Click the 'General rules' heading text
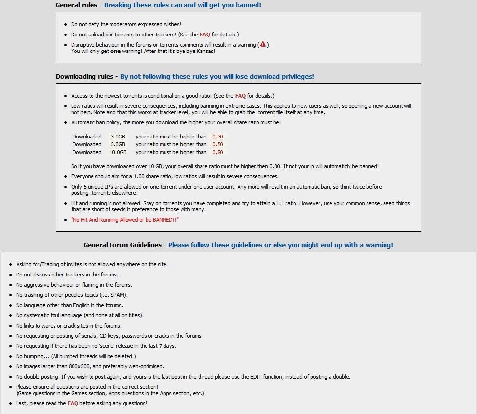pos(76,5)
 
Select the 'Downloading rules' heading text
pos(84,77)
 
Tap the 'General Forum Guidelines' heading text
pos(122,245)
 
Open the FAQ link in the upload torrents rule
pos(204,34)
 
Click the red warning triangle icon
pos(263,44)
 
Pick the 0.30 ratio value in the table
pos(218,137)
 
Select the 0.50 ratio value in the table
pos(218,144)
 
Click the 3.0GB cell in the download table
pos(118,137)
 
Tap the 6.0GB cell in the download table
pos(118,144)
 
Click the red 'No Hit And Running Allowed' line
pos(125,220)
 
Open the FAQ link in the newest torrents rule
pos(240,96)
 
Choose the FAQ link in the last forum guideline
pos(73,403)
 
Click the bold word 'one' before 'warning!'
pos(115,51)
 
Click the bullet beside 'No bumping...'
pos(11,356)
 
